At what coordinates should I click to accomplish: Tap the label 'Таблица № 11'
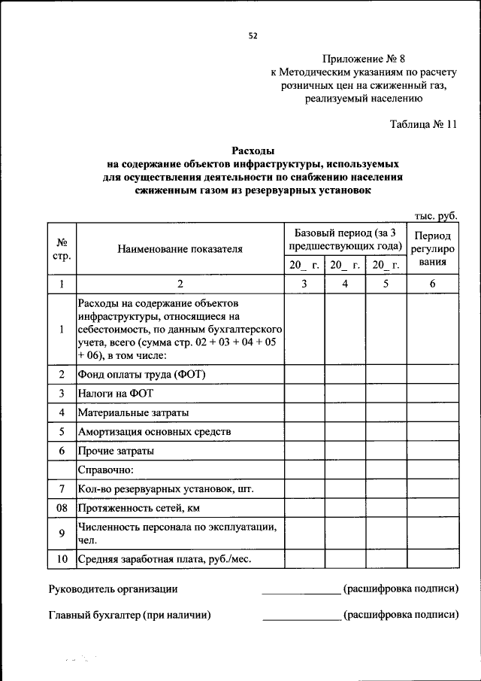click(423, 124)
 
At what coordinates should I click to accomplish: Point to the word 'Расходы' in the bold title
click(251, 150)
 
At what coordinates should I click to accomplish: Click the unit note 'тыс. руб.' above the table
click(437, 215)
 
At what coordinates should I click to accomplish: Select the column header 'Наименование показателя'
click(180, 249)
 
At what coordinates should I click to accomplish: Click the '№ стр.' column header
click(62, 249)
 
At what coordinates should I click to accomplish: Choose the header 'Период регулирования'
click(432, 249)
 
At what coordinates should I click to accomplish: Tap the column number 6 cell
click(432, 284)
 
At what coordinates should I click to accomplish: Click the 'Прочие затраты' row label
click(116, 451)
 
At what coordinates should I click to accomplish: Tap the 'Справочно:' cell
click(105, 470)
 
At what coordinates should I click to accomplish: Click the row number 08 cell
click(62, 509)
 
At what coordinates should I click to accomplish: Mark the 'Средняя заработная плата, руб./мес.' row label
click(164, 559)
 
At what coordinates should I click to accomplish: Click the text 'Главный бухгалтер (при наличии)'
click(129, 615)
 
